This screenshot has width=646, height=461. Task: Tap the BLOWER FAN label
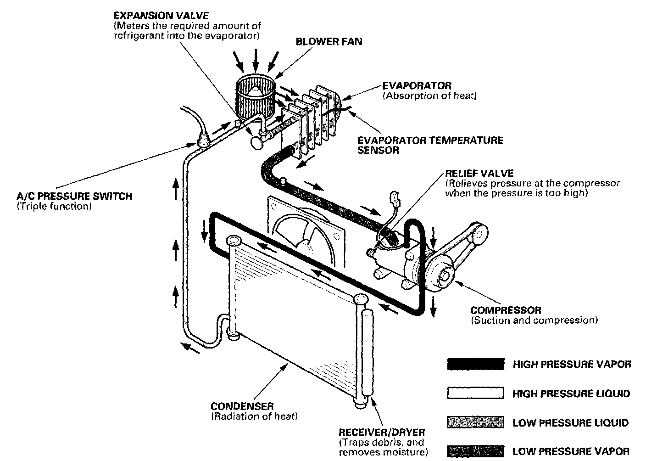click(329, 41)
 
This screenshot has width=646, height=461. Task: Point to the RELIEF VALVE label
click(479, 174)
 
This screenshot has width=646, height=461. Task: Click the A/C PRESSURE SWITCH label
click(74, 197)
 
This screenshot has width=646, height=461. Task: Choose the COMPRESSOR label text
click(506, 310)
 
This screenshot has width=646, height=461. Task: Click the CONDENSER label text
click(242, 406)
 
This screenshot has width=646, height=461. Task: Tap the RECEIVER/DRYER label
click(381, 433)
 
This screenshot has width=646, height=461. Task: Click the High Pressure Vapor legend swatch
click(475, 364)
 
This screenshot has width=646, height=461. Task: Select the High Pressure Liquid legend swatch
click(475, 394)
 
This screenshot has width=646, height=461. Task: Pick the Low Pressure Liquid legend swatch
click(475, 422)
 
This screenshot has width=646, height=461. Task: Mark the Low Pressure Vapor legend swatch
click(475, 451)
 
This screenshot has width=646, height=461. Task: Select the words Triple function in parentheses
click(54, 207)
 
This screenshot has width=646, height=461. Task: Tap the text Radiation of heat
click(254, 416)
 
